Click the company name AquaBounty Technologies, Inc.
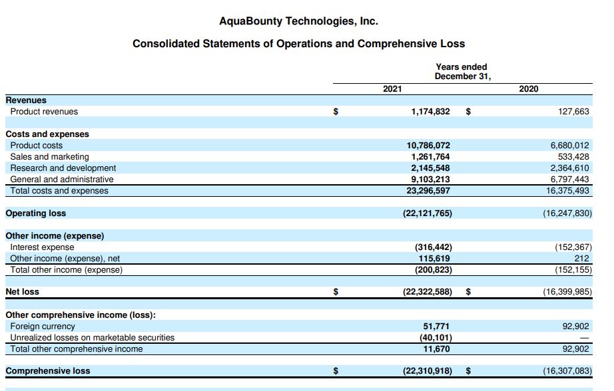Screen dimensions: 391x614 pyautogui.click(x=298, y=21)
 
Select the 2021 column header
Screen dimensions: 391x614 pyautogui.click(x=392, y=89)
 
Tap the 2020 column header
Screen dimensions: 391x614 pyautogui.click(x=529, y=89)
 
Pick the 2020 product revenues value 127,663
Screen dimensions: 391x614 pyautogui.click(x=573, y=112)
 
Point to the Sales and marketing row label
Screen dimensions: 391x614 pyautogui.click(x=49, y=157)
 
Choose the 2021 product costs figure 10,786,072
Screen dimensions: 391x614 pyautogui.click(x=428, y=146)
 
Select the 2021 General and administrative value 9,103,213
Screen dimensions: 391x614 pyautogui.click(x=430, y=180)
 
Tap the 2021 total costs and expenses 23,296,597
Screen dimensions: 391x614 pyautogui.click(x=428, y=191)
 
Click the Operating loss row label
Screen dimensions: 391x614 pyautogui.click(x=36, y=213)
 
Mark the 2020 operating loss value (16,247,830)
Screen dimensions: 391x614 pyautogui.click(x=567, y=213)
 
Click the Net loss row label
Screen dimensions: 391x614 pyautogui.click(x=22, y=291)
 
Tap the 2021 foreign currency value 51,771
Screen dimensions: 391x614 pyautogui.click(x=436, y=326)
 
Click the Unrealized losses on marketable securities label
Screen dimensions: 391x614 pyautogui.click(x=92, y=338)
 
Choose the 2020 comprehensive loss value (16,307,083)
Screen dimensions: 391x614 pyautogui.click(x=567, y=371)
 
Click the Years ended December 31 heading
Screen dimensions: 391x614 pyautogui.click(x=461, y=71)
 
